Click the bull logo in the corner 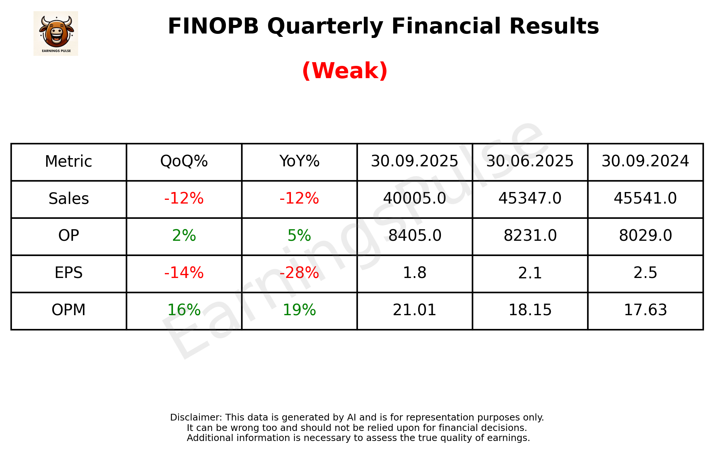(56, 33)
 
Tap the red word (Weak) (345, 71)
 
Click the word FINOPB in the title (213, 26)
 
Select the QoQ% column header (184, 162)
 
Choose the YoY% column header (299, 162)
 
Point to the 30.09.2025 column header (414, 162)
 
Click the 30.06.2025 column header (530, 162)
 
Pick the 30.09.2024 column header (645, 162)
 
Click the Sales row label (69, 199)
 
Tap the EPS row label (69, 273)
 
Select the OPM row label (69, 310)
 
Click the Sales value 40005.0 (414, 199)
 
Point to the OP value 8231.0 (530, 236)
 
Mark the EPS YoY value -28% (299, 273)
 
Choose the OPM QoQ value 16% (184, 310)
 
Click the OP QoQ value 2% (184, 236)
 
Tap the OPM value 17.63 (645, 310)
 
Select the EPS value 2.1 (530, 273)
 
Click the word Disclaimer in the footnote (196, 418)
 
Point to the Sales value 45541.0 (645, 199)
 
